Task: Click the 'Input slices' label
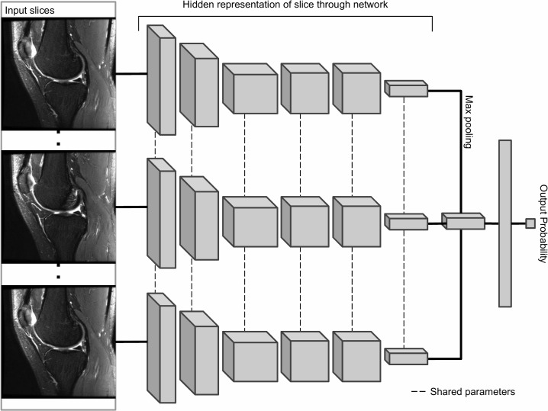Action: coord(30,11)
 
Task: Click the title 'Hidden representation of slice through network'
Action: coord(285,5)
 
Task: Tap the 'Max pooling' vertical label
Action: coord(469,121)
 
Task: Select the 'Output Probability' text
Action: coord(543,223)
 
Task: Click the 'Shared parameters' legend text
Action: coord(472,392)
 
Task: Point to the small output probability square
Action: coord(530,223)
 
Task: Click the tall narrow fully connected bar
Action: coord(505,223)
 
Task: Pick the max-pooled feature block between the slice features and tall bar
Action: coord(463,221)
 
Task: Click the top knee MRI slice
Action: coord(58,74)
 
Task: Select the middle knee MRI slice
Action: coord(58,207)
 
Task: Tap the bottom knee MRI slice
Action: coord(58,342)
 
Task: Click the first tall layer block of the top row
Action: coord(162,80)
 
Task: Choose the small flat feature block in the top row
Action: coord(406,88)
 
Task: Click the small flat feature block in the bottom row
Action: coord(406,357)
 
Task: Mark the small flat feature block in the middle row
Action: coord(406,222)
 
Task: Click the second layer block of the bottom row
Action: coord(199,353)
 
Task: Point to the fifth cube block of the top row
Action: coord(356,88)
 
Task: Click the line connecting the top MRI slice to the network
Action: coord(131,74)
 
